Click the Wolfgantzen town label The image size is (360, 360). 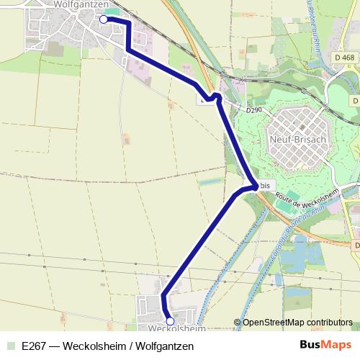click(x=81, y=5)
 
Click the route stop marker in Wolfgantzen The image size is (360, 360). click(x=102, y=19)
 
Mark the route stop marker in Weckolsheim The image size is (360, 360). click(x=170, y=321)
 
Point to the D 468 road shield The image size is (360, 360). click(x=344, y=58)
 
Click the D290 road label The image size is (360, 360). click(x=254, y=111)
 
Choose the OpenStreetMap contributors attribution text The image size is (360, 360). click(x=297, y=322)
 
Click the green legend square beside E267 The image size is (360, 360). click(x=10, y=346)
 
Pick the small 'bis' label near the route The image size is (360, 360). click(x=266, y=185)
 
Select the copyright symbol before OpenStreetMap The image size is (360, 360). click(x=238, y=322)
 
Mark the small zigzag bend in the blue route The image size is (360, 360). click(x=213, y=96)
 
